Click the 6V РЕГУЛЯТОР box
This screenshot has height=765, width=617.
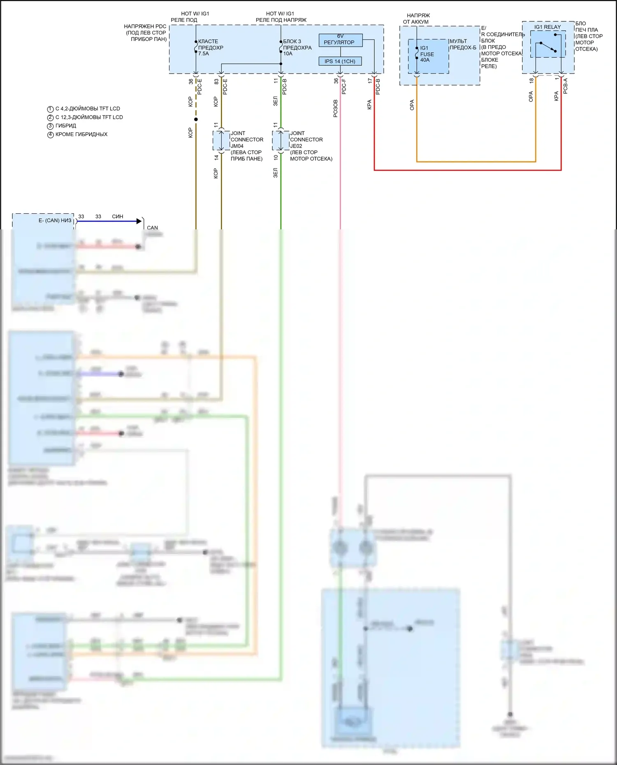(x=341, y=40)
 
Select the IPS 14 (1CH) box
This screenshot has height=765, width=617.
(x=340, y=61)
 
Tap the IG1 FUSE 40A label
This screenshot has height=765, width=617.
(x=427, y=54)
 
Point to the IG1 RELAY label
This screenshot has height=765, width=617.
(x=547, y=27)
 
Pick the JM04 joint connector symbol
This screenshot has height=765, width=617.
(x=221, y=141)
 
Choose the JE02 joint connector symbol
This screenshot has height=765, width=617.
(x=281, y=141)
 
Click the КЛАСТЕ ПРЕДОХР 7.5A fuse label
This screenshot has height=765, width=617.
(x=210, y=47)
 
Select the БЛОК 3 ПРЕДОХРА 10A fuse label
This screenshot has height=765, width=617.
(x=297, y=47)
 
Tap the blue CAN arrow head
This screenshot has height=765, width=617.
(x=139, y=221)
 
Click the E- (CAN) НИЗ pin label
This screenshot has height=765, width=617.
(x=55, y=221)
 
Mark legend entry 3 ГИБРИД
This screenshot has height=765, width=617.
(x=65, y=126)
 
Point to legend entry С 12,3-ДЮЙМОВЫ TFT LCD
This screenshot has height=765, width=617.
(x=89, y=117)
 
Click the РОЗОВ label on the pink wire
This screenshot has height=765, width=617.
(x=336, y=109)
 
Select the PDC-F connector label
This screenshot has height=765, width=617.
(x=344, y=87)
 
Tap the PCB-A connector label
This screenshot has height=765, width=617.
(x=565, y=86)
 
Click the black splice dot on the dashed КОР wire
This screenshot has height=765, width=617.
(x=196, y=119)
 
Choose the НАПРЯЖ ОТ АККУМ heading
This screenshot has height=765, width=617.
(x=417, y=18)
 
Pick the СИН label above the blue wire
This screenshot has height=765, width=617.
(x=118, y=216)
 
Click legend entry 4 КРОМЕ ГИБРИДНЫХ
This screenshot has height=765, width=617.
(x=81, y=134)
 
